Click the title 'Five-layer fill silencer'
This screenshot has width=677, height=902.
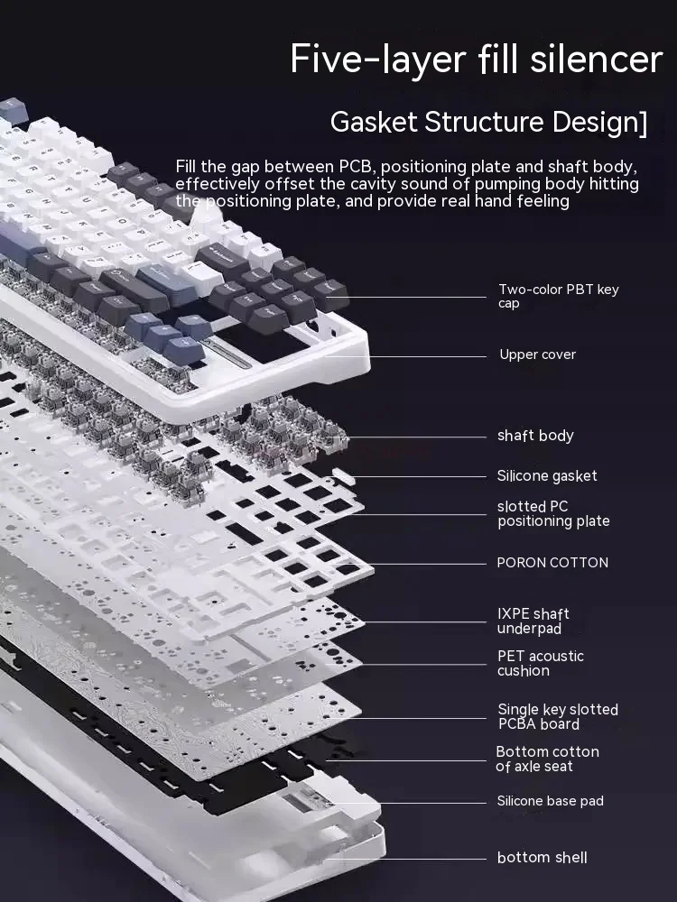tap(477, 60)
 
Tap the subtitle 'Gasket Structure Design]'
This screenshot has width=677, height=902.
tap(488, 122)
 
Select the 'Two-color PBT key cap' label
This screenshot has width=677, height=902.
tap(558, 296)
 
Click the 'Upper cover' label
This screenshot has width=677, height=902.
tap(537, 354)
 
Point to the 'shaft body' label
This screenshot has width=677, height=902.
tap(535, 436)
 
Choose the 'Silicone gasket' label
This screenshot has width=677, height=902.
tap(547, 475)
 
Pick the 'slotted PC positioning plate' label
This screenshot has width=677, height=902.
tap(553, 513)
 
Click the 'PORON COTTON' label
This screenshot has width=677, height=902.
tap(552, 563)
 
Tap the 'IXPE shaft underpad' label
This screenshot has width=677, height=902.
tap(533, 621)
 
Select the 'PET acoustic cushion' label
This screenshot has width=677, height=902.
tap(540, 663)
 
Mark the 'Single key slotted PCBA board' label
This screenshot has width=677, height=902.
tap(557, 717)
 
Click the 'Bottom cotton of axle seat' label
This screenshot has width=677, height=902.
tap(547, 759)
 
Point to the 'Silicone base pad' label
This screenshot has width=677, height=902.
tap(550, 801)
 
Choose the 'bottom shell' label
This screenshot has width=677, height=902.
tap(542, 858)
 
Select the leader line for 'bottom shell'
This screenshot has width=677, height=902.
tap(406, 858)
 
